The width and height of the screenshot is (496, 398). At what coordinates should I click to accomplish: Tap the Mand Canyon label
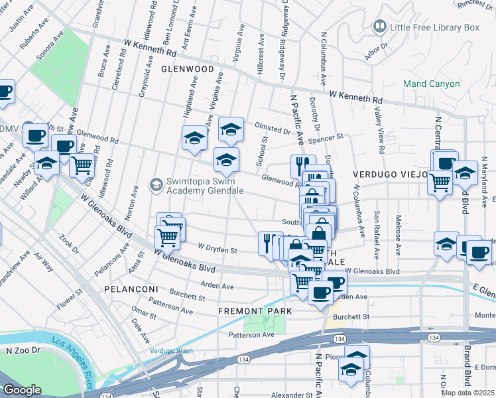(x=432, y=84)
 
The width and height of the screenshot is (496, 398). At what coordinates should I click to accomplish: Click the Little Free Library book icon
(x=380, y=27)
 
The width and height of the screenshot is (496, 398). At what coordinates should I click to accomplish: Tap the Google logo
(x=23, y=390)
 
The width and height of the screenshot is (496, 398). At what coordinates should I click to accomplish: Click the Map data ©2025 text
(x=468, y=393)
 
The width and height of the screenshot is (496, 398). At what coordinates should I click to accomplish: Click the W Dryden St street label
(x=217, y=250)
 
